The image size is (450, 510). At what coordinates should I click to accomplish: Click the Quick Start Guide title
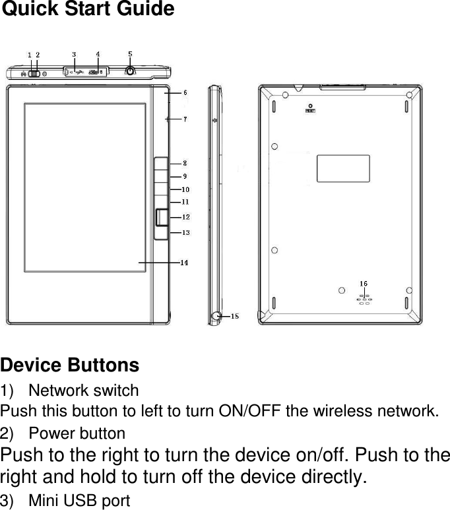click(x=88, y=10)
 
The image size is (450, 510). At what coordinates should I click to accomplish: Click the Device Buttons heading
click(x=70, y=365)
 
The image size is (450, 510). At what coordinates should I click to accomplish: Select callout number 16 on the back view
click(x=364, y=284)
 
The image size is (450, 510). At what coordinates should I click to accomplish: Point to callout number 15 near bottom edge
click(x=234, y=317)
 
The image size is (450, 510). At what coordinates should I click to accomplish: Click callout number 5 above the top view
click(x=130, y=53)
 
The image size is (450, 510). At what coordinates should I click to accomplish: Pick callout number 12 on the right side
click(x=186, y=217)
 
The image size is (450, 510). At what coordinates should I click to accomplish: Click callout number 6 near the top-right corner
click(x=185, y=93)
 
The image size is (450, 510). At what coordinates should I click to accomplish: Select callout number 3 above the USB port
click(x=73, y=54)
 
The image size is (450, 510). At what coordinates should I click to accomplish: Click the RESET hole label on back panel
click(x=309, y=112)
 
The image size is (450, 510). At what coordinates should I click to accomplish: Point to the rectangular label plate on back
click(x=343, y=168)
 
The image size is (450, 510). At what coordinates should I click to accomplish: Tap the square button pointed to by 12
click(x=162, y=217)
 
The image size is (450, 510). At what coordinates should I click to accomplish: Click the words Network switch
click(x=84, y=391)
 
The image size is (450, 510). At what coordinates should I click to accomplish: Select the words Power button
click(x=77, y=434)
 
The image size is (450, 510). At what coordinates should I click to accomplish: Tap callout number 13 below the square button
click(x=186, y=232)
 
